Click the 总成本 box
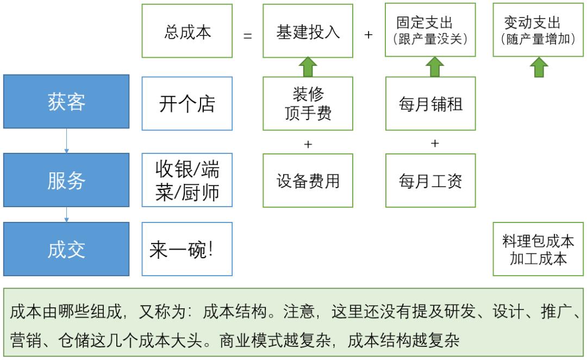(x=187, y=31)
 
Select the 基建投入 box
(x=308, y=31)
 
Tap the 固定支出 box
(x=430, y=30)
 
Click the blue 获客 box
(x=66, y=102)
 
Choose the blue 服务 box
(x=66, y=181)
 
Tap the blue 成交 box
(x=66, y=249)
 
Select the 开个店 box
(x=187, y=103)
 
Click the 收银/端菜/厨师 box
(x=187, y=181)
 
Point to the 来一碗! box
(x=187, y=249)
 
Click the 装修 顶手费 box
(x=308, y=103)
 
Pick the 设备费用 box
(x=308, y=181)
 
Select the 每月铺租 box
(x=430, y=103)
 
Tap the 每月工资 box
(x=430, y=181)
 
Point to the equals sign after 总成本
(x=248, y=35)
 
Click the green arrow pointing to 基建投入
(x=308, y=66)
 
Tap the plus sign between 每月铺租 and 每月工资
(x=435, y=144)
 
